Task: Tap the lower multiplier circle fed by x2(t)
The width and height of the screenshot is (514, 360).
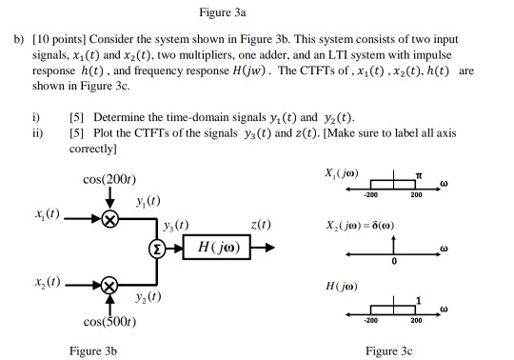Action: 110,285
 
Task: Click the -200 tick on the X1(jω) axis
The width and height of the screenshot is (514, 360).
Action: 367,193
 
